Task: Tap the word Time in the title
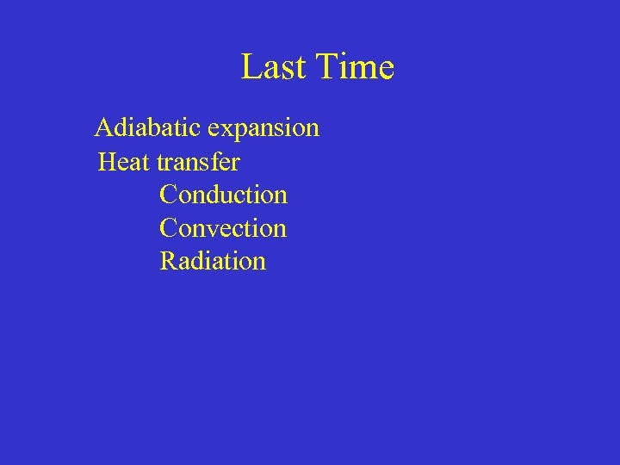click(356, 67)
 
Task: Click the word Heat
click(125, 162)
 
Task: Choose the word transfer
click(198, 162)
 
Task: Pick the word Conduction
click(223, 195)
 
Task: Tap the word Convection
click(223, 228)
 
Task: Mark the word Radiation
click(213, 261)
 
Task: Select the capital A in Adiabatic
click(104, 128)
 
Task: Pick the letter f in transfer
click(214, 161)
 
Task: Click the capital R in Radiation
click(169, 261)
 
